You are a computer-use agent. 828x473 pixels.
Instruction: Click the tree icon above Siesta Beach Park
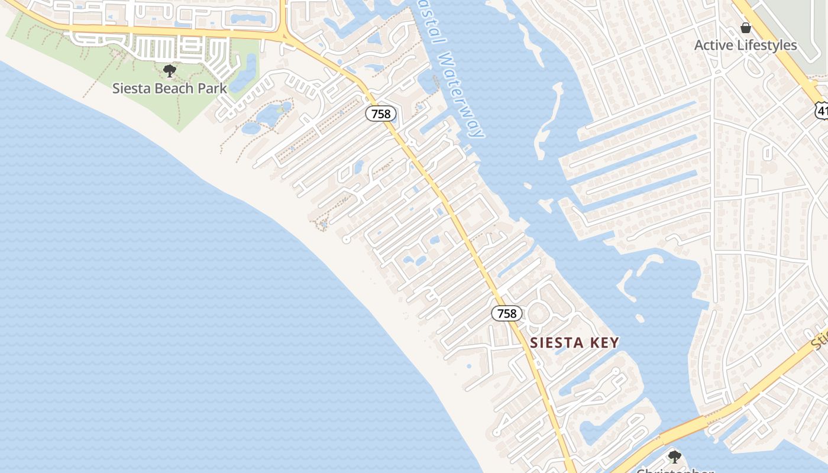click(x=170, y=72)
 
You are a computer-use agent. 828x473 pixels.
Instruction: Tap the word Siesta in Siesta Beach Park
click(x=129, y=89)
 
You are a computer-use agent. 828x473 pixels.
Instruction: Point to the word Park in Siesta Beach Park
click(x=213, y=89)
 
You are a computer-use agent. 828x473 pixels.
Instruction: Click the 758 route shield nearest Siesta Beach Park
click(x=380, y=114)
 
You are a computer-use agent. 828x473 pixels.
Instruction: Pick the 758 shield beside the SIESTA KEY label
click(x=507, y=313)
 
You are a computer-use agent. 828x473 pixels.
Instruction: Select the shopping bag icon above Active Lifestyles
click(x=745, y=28)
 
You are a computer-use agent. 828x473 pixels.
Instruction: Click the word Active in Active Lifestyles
click(x=713, y=46)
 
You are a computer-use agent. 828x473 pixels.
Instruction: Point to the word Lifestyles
click(x=766, y=46)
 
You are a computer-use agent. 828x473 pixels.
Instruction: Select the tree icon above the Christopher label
click(x=674, y=456)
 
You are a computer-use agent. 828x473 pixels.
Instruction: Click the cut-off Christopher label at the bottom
click(x=674, y=470)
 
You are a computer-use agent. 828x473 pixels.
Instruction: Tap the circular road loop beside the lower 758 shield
click(x=538, y=313)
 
